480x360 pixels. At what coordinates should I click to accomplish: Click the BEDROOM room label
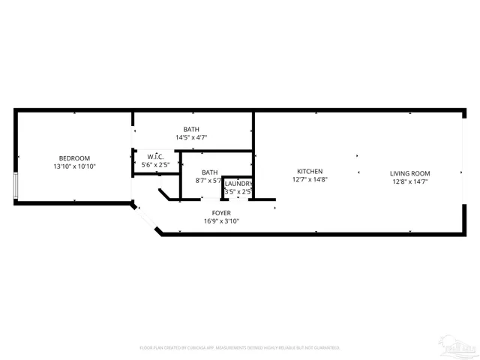click(74, 157)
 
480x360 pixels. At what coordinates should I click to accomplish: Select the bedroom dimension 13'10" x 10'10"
click(74, 166)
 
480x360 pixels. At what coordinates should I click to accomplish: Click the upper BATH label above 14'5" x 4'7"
click(191, 129)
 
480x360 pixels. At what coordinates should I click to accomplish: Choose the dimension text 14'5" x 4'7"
click(191, 138)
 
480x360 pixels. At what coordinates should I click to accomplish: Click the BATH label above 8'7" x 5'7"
click(209, 172)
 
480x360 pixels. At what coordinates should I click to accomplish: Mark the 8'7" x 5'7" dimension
click(209, 181)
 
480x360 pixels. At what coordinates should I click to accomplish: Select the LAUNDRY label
click(238, 184)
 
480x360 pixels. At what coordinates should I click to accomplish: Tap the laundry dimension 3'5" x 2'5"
click(238, 192)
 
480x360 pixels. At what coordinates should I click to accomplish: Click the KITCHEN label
click(310, 171)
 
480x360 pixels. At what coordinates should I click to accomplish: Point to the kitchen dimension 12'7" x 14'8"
click(310, 180)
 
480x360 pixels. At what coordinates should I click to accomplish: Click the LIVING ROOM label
click(410, 173)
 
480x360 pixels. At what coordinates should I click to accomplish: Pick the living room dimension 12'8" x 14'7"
click(410, 181)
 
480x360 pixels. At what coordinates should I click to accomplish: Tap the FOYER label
click(221, 213)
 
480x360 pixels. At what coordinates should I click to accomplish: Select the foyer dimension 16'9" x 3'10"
click(221, 221)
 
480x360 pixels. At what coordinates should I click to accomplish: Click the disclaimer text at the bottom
click(240, 348)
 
